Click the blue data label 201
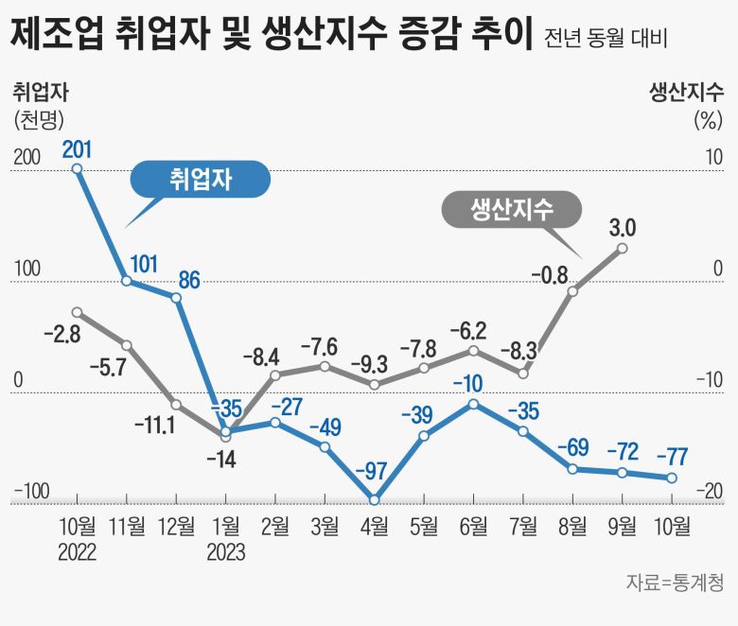tap(77, 148)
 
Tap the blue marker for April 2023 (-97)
tap(375, 499)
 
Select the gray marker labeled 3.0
tap(622, 248)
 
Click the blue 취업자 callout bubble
tap(200, 180)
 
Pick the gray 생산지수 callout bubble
tap(512, 209)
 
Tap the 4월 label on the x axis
tap(374, 527)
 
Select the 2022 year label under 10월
tap(77, 552)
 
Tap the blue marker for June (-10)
tap(473, 404)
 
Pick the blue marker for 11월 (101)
tap(127, 281)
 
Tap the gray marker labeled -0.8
tap(572, 291)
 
